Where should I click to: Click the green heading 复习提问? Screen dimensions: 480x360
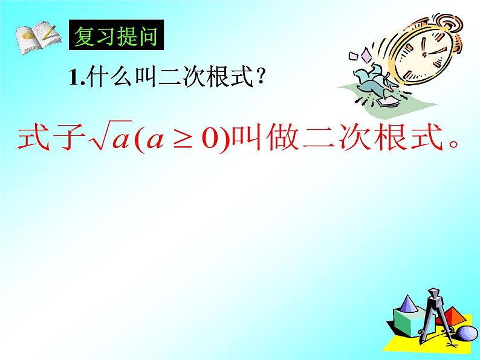pyautogui.click(x=116, y=36)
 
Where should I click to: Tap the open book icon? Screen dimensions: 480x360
pyautogui.click(x=38, y=37)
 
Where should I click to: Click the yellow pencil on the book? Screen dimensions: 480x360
pyautogui.click(x=50, y=33)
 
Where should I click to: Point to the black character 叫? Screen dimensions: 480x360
pyautogui.click(x=146, y=77)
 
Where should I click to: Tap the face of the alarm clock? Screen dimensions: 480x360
pyautogui.click(x=424, y=54)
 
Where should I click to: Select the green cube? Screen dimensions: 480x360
pyautogui.click(x=410, y=322)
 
